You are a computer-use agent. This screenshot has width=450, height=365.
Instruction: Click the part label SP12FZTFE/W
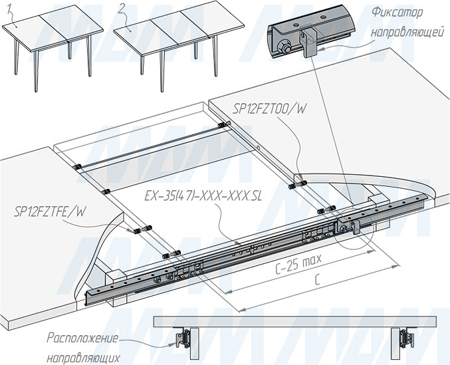(x=50, y=212)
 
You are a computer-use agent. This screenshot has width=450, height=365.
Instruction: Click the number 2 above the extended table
(x=122, y=7)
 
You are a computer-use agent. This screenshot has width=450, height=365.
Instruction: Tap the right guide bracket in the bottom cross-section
(x=404, y=338)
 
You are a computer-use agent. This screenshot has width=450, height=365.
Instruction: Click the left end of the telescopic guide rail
(x=93, y=293)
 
